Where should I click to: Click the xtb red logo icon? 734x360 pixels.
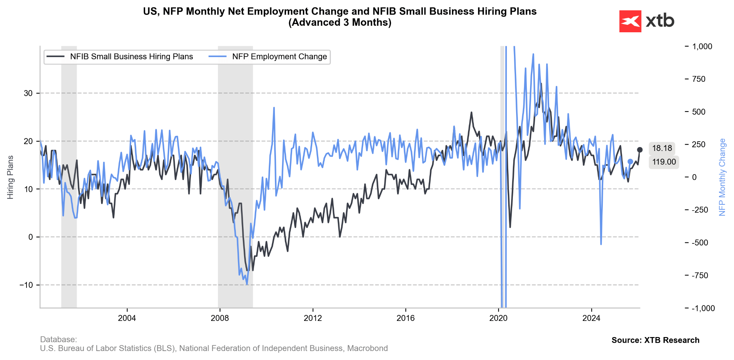point(630,21)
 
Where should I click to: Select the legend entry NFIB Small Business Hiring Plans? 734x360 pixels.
point(131,57)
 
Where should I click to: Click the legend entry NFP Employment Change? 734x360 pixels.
point(279,57)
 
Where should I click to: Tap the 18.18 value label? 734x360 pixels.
point(662,148)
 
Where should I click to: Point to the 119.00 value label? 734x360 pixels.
point(664,162)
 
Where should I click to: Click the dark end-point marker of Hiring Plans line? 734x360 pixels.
point(640,150)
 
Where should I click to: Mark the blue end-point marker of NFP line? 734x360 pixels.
point(630,162)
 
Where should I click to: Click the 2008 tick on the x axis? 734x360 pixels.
point(220,318)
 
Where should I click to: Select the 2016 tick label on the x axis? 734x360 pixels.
point(405,318)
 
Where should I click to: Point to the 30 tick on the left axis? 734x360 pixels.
point(28,93)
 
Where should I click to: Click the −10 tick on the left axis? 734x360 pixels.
point(26,285)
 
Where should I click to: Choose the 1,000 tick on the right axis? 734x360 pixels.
point(702,47)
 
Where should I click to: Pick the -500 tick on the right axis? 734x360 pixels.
point(700,243)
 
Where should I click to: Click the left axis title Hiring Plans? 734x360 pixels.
point(10,177)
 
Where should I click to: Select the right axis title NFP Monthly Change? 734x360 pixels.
point(722,177)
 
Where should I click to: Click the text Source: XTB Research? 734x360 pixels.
point(655,340)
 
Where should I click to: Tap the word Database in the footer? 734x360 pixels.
point(58,340)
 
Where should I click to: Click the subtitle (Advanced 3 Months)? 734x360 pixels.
point(339,23)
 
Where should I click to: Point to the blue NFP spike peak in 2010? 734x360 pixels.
point(274,108)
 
